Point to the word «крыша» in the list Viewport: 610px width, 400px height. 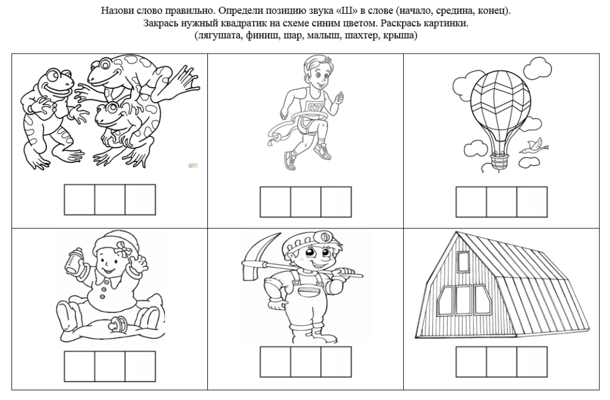point(399,36)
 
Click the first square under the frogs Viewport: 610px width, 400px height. point(79,200)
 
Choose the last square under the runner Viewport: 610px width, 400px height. point(337,201)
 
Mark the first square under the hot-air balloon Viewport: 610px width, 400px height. point(471,201)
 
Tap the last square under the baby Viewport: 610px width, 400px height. point(141,367)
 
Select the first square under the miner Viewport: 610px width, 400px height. point(275,362)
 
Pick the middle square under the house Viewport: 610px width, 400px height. point(502,362)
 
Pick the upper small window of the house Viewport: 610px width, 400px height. point(463,261)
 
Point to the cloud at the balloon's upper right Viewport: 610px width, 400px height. point(537,67)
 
